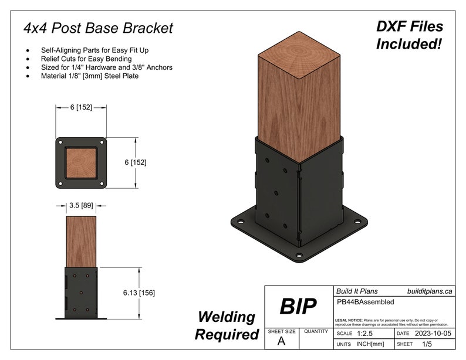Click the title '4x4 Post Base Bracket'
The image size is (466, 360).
tap(98, 28)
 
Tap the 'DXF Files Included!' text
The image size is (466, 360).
tap(409, 35)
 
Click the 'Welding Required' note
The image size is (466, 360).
tap(227, 325)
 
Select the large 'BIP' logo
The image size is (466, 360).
tap(298, 306)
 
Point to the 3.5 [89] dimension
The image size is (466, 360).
tap(81, 206)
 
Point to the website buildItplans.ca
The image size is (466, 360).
tap(430, 291)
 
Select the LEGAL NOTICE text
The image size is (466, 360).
tap(391, 322)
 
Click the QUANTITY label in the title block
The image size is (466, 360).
tap(316, 331)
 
